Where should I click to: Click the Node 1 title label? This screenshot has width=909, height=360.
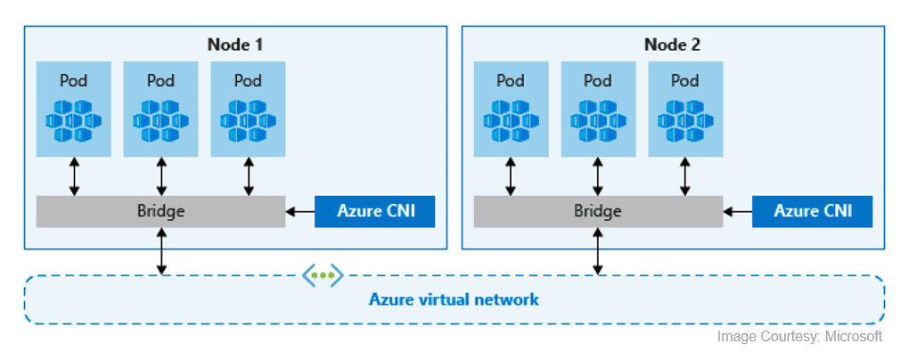click(x=235, y=44)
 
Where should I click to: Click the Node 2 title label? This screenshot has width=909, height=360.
click(x=672, y=44)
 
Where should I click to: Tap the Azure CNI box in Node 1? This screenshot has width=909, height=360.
click(x=374, y=211)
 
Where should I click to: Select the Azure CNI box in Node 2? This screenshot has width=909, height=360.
click(x=812, y=211)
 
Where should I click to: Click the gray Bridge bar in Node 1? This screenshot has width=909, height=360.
click(x=160, y=211)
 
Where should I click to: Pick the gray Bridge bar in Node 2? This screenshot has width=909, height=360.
click(x=597, y=211)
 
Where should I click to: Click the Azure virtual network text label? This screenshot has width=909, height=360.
click(x=454, y=299)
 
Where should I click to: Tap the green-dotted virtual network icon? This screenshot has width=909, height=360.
click(x=322, y=275)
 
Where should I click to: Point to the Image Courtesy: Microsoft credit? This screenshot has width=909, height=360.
click(x=799, y=336)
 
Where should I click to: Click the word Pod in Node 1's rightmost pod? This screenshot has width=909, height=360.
click(x=248, y=81)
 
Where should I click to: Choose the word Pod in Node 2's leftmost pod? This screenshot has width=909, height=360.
click(x=511, y=81)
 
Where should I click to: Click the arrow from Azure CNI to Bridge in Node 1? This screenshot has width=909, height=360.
click(x=300, y=212)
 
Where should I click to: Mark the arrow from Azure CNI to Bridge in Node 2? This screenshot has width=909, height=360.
click(x=738, y=212)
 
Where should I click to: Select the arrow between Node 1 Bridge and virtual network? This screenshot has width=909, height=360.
click(x=161, y=250)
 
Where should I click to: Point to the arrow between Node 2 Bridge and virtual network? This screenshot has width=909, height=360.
click(x=598, y=250)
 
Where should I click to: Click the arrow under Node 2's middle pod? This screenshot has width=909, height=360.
click(x=598, y=176)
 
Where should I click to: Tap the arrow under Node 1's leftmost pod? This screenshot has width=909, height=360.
click(x=74, y=176)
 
